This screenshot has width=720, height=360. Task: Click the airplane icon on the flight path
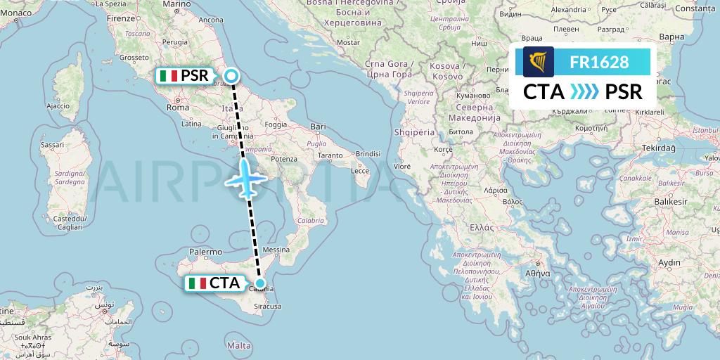tap(245, 177)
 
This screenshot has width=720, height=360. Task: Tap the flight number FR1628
tap(599, 62)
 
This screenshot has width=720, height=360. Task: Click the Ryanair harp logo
tap(538, 62)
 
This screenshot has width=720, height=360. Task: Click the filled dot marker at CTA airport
tap(260, 283)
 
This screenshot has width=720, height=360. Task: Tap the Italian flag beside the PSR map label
tap(167, 75)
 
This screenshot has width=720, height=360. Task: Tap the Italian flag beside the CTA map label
tap(197, 283)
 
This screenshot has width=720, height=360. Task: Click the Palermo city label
tap(205, 251)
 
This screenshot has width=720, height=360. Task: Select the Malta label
tap(240, 345)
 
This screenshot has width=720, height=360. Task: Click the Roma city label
tap(178, 108)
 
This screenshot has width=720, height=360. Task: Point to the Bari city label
tap(319, 127)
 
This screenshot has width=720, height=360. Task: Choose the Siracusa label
tap(267, 307)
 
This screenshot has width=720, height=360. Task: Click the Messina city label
tap(275, 250)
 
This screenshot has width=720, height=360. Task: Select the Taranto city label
tap(330, 154)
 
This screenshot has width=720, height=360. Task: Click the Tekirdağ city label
tap(657, 148)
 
